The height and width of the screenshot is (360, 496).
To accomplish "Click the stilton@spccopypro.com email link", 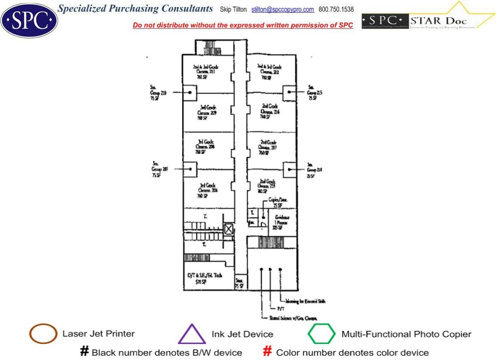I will [x=282, y=10].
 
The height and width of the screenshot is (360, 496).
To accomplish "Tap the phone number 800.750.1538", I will [x=336, y=10].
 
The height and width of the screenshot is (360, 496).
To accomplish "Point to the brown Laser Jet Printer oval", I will [x=43, y=334].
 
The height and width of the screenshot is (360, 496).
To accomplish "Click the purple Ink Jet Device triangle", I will [x=191, y=335].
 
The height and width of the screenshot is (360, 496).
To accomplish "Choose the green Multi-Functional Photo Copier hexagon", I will [x=322, y=334].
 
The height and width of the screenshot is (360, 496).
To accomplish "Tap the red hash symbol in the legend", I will [x=268, y=352].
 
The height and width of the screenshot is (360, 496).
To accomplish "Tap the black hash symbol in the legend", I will [x=85, y=352].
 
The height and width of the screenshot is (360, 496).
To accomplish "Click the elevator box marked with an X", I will [x=228, y=229].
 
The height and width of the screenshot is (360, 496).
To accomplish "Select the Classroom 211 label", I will [x=206, y=72].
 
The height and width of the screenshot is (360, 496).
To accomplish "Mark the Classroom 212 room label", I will [x=270, y=72].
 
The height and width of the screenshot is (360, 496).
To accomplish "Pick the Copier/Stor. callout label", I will [x=278, y=202].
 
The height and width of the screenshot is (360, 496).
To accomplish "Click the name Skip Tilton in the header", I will [x=234, y=10].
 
